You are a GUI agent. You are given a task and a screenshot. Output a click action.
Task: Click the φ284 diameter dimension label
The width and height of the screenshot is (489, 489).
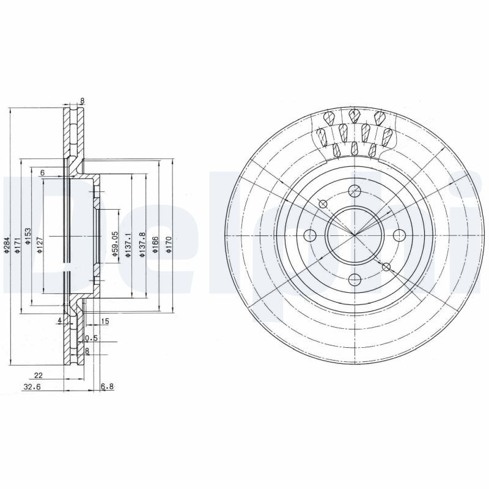7,244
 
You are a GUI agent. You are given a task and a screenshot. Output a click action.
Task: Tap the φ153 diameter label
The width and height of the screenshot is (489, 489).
28,236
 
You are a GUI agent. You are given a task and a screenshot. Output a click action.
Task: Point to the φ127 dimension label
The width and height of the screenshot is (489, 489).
40,244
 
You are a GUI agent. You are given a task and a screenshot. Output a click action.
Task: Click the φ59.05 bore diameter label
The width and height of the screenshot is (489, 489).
114,241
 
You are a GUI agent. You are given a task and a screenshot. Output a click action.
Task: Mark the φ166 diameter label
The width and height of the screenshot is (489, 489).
156,244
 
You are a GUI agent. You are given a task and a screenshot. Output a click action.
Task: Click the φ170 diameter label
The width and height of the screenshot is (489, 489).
169,244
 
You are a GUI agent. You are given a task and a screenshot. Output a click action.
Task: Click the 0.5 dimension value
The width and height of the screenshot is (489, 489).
92,338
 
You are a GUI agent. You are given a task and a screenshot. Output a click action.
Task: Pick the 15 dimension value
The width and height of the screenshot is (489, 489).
105,321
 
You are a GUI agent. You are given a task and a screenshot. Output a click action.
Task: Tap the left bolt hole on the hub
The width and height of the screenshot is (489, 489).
310,236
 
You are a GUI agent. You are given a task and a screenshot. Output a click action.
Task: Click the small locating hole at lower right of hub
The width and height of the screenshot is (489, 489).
386,267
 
